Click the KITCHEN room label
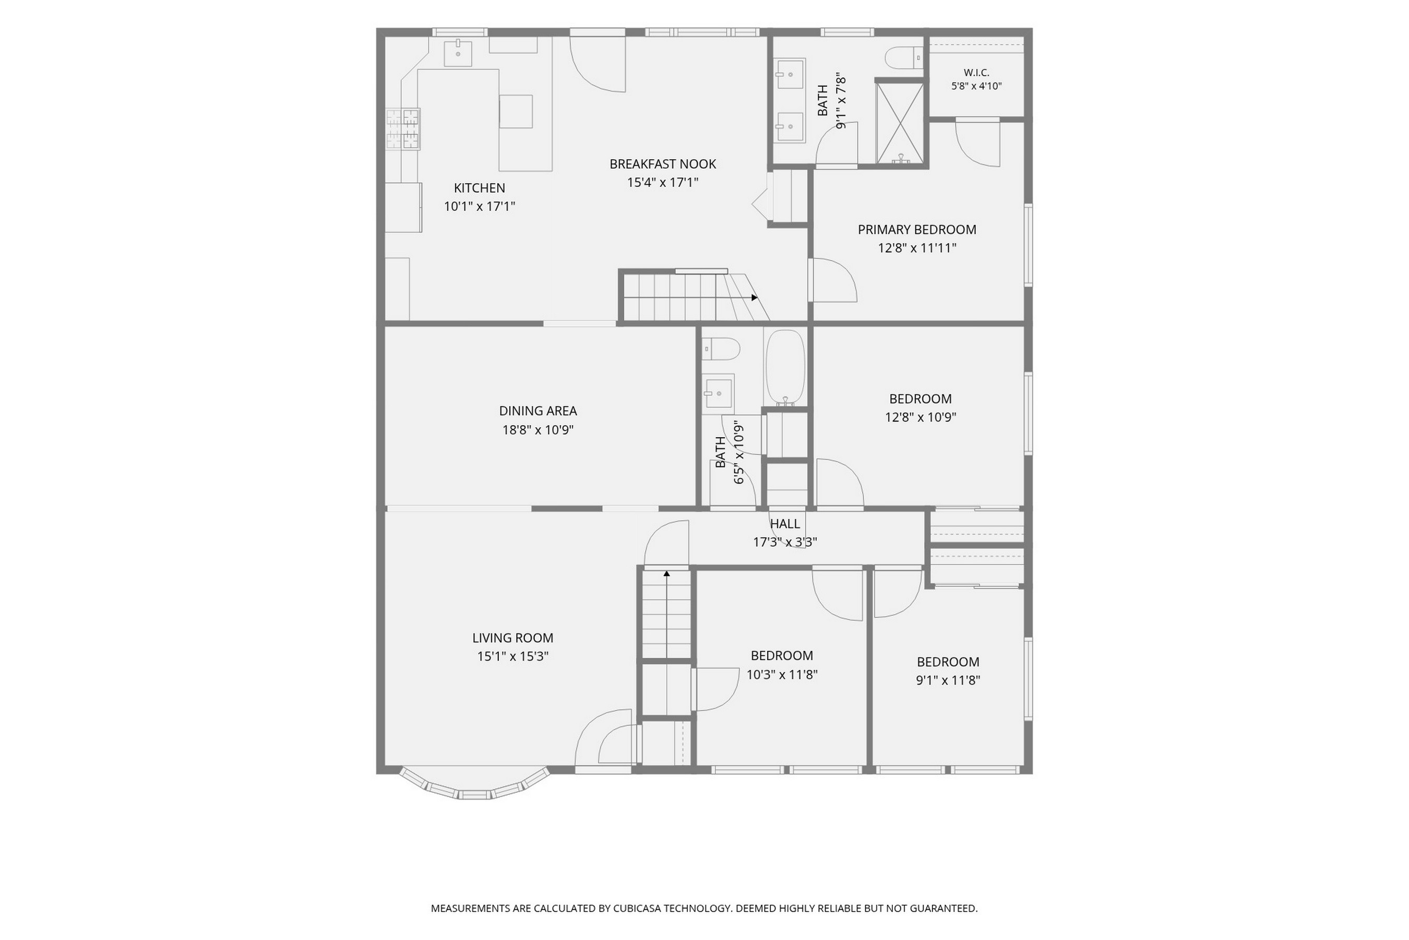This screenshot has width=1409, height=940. tap(479, 187)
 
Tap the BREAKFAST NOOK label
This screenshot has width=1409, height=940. tap(663, 163)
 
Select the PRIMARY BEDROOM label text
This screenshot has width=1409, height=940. tap(916, 229)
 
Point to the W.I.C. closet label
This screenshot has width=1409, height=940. tap(976, 73)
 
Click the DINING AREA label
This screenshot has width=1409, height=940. tap(538, 410)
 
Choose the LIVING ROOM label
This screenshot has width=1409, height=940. tap(513, 638)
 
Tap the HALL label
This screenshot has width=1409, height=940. tap(785, 523)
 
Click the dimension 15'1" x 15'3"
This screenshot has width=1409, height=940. tap(513, 656)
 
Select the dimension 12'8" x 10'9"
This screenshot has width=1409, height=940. tap(920, 417)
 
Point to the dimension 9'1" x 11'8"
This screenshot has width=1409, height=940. tap(948, 680)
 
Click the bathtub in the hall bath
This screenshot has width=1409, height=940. tap(785, 367)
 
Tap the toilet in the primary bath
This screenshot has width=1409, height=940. tap(904, 58)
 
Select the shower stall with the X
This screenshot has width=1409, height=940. tap(900, 123)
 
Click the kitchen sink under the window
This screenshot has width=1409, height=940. tap(458, 53)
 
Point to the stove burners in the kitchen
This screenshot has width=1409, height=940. tap(402, 129)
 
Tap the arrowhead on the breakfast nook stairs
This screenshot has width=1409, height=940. tap(755, 297)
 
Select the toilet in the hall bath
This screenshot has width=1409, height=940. tap(721, 348)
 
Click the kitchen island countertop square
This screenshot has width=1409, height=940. tap(516, 112)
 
